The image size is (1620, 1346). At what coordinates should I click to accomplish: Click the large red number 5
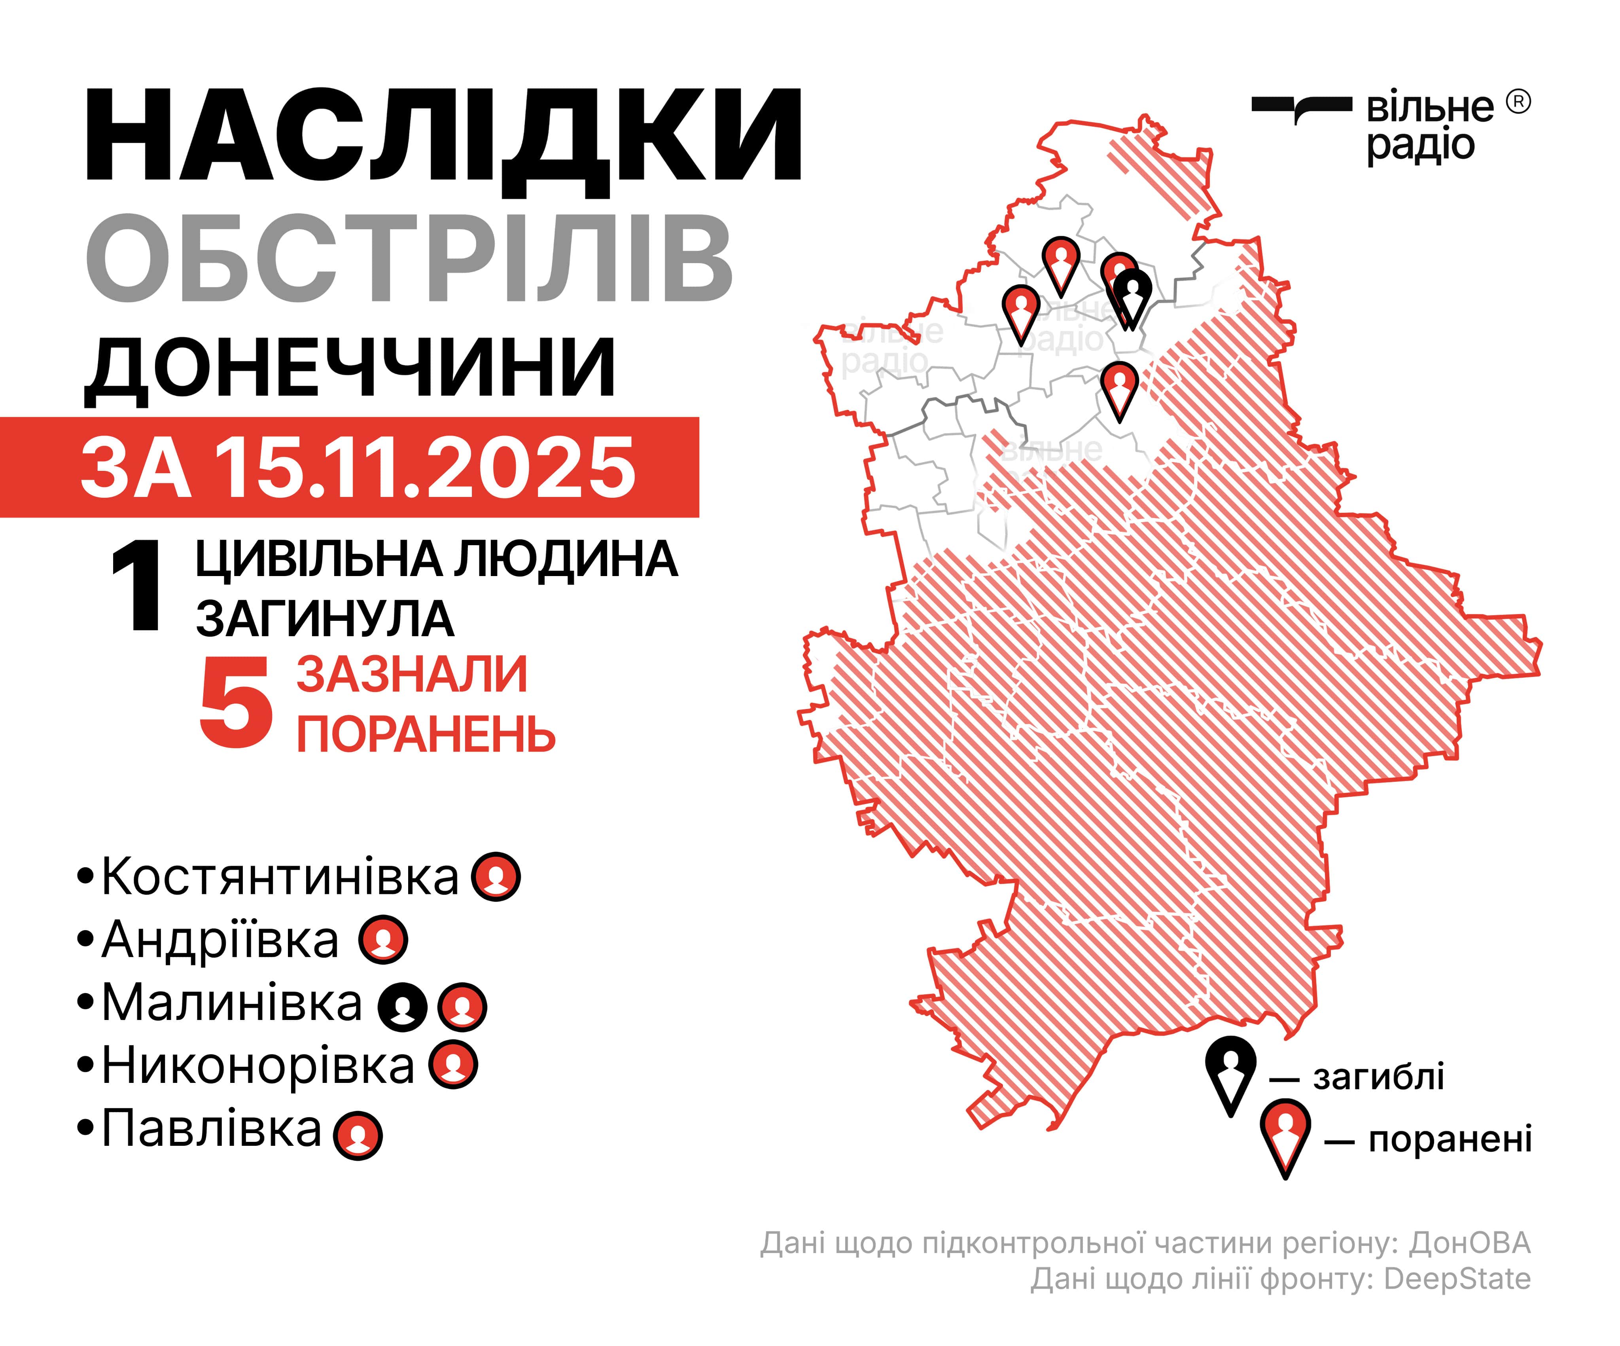click(235, 704)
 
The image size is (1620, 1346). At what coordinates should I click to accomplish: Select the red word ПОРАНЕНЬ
click(426, 735)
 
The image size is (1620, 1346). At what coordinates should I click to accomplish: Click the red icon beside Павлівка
click(358, 1135)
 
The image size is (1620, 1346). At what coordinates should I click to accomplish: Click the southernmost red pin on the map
click(1119, 386)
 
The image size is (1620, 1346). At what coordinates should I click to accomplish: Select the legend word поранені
click(1450, 1140)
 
